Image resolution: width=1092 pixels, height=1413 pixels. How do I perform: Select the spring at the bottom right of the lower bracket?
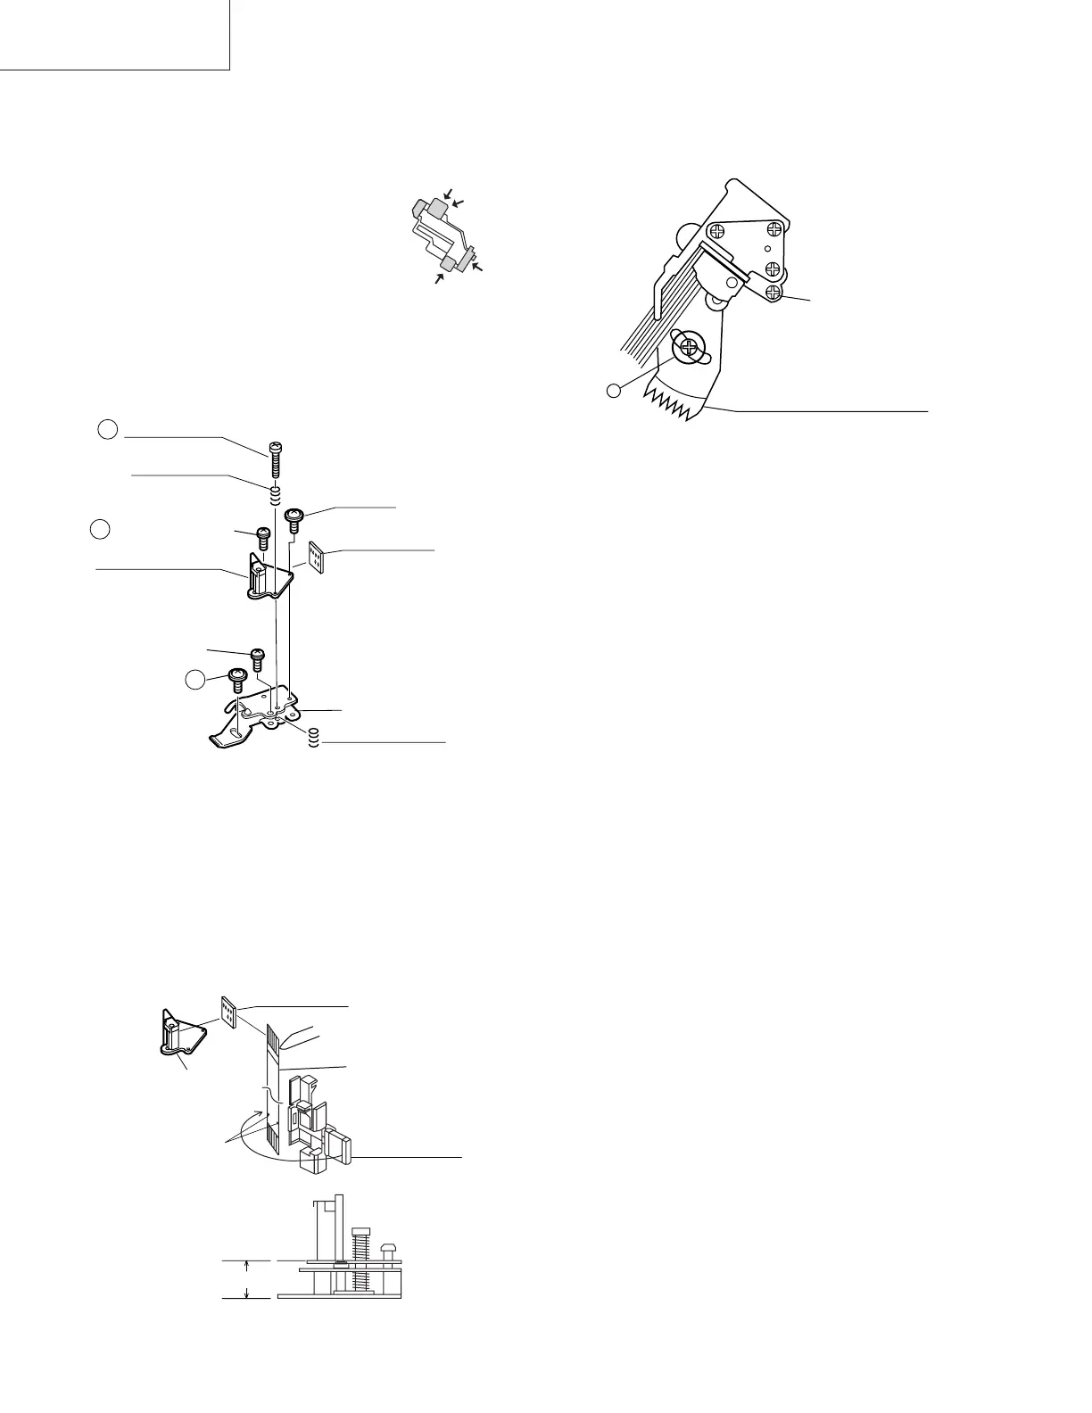tap(313, 739)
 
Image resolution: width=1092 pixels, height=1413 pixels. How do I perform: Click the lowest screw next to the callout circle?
tap(238, 677)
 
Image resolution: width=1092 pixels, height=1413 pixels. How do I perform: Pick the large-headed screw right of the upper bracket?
tap(293, 516)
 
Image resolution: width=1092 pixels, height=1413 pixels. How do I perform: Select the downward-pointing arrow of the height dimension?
tap(247, 1291)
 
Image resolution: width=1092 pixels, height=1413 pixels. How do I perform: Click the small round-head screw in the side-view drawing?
tap(389, 1249)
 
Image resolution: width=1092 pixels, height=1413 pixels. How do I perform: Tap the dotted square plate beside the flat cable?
tap(229, 1012)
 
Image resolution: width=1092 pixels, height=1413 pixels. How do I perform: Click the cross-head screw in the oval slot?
tap(689, 347)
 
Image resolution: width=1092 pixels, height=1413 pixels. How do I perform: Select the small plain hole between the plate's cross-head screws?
tap(766, 249)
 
